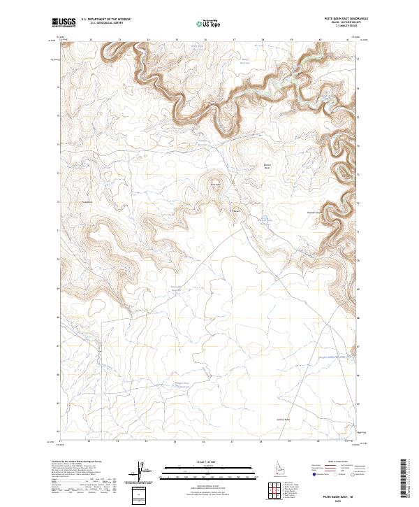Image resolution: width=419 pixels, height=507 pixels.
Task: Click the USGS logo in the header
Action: [x=64, y=22]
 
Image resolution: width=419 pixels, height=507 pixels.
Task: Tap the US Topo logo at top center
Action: [x=209, y=23]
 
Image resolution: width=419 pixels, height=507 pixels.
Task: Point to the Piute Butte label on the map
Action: [x=216, y=185]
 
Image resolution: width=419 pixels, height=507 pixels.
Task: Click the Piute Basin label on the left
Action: [x=88, y=203]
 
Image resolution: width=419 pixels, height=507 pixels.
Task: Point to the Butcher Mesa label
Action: [x=266, y=168]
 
